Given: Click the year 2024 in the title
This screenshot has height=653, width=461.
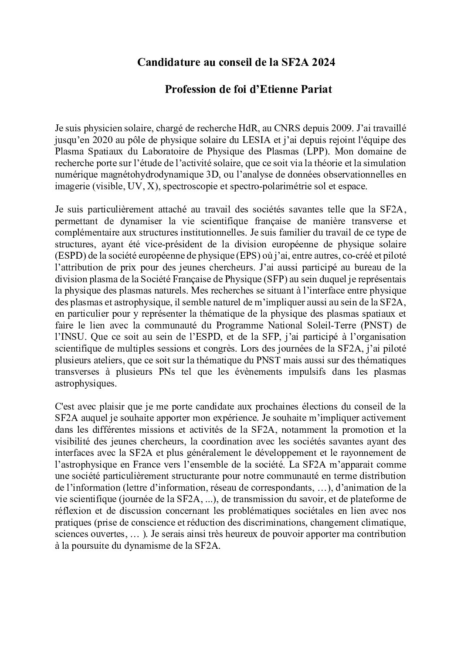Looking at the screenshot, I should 322,62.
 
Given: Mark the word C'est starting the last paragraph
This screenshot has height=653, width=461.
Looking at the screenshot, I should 66,406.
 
